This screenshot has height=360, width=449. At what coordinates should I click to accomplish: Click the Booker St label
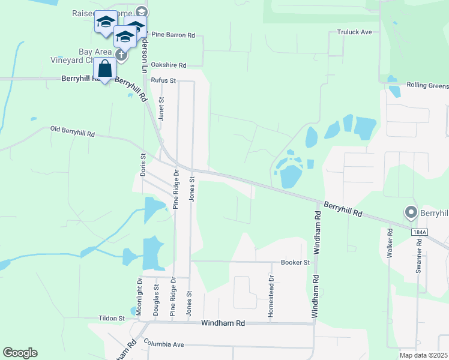point(295,263)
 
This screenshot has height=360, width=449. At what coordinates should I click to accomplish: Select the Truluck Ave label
point(355,32)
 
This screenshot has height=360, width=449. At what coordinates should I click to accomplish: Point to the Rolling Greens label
point(427,86)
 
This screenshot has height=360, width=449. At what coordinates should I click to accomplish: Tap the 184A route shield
point(419,232)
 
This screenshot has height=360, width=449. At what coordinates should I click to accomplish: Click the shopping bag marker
point(105,69)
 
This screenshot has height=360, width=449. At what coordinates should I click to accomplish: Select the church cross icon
point(121,56)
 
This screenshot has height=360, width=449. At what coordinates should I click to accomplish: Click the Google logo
point(20,353)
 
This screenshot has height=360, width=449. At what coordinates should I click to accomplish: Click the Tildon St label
point(112,319)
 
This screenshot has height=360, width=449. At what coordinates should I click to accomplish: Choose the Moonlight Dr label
point(139,296)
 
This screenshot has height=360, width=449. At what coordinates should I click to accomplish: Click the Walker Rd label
point(390,243)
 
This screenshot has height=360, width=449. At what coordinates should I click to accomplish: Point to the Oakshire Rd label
point(169,65)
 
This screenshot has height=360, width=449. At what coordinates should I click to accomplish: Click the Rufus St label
point(163,80)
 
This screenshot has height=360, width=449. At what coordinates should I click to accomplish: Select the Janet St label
point(161,109)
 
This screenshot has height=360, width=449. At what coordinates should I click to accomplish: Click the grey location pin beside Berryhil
point(411,212)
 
